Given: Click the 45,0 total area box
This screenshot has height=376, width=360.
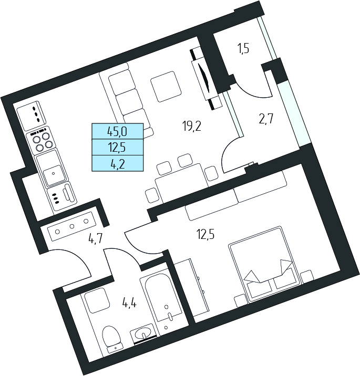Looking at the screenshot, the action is [117, 131].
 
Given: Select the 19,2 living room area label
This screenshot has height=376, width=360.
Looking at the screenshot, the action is [191, 126].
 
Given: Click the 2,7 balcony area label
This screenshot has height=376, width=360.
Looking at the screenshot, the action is [266, 119].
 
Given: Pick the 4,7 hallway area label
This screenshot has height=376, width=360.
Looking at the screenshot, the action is [96, 239].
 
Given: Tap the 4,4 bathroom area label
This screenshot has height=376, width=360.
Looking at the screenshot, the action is [129, 304].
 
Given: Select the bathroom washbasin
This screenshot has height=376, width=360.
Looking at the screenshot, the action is [143, 333].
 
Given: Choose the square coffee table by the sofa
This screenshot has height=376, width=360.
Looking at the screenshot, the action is [166, 86].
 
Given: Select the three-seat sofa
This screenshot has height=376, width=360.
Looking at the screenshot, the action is [125, 101].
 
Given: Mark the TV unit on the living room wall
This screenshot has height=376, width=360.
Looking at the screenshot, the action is [206, 79].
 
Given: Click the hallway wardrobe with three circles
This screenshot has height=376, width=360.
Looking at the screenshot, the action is [71, 226].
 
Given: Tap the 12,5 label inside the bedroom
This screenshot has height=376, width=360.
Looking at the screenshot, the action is [205, 234].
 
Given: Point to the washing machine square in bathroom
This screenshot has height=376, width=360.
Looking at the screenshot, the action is [96, 300].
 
